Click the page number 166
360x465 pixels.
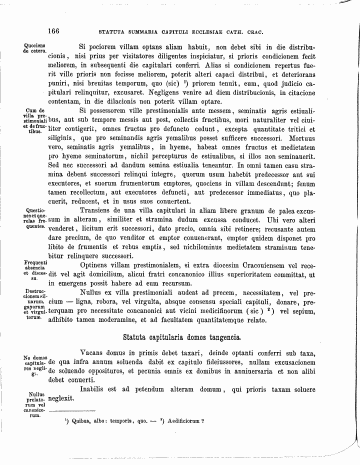coord(53,31)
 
